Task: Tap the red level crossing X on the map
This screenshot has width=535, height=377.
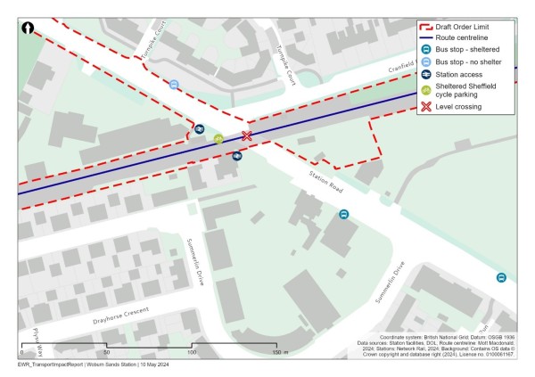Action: point(247,136)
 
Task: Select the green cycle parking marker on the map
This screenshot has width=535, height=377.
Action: point(218,139)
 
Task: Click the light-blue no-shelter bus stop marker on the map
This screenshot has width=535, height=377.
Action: point(174,86)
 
